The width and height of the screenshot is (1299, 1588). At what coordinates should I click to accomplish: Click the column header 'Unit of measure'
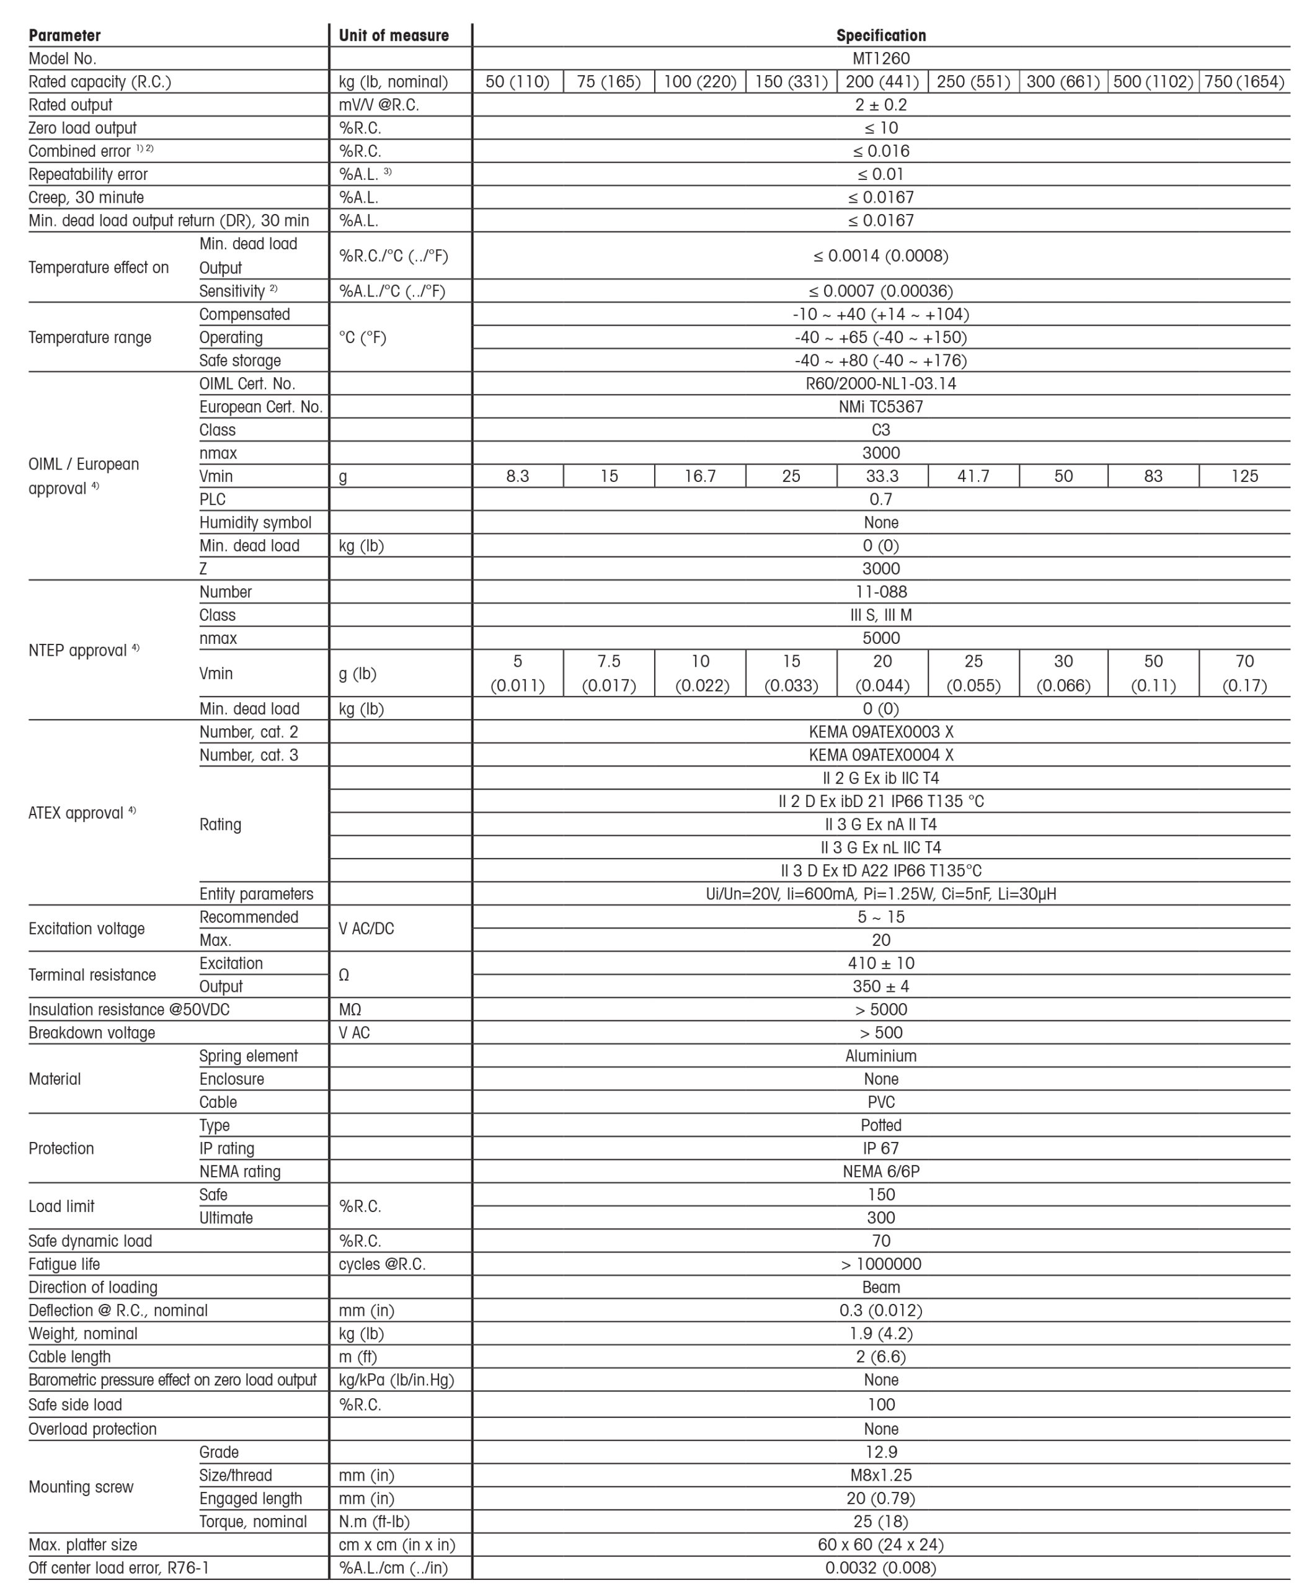(394, 35)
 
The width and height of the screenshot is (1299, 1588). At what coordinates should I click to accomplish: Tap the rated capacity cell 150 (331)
(791, 82)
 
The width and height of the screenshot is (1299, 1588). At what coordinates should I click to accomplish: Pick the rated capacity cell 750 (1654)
(1244, 82)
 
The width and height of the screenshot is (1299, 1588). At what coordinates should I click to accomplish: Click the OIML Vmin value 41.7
(973, 476)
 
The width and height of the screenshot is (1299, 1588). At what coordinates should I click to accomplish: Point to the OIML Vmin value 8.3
(518, 476)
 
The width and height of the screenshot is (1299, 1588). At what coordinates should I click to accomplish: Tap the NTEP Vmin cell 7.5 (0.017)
(608, 673)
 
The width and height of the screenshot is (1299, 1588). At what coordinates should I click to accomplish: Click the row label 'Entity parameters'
(256, 894)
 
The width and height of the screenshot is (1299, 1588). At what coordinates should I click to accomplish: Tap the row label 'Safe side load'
(75, 1404)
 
